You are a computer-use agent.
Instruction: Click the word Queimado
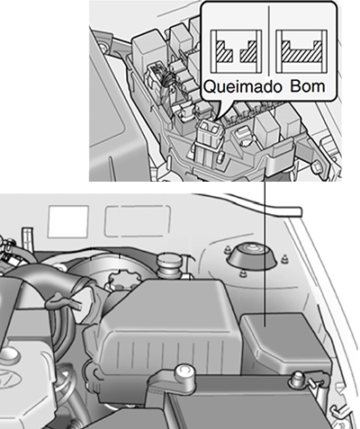point(243,86)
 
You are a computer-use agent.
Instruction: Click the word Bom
point(308,86)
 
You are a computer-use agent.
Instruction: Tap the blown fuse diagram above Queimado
point(236,51)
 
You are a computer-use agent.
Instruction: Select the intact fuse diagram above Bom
point(301,51)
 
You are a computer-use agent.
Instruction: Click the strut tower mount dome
point(252,255)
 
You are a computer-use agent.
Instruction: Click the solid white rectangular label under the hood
point(68,221)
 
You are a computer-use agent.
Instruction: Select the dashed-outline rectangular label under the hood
point(138,221)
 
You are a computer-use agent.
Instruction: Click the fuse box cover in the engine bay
point(285,342)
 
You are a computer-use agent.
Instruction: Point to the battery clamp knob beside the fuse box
point(298,380)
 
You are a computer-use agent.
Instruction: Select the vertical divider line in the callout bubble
point(269,40)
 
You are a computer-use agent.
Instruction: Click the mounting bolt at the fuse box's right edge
point(318,165)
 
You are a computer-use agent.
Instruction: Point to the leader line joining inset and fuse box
point(265,252)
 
